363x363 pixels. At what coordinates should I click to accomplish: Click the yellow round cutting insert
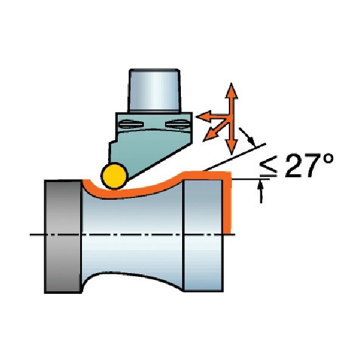[x=114, y=176]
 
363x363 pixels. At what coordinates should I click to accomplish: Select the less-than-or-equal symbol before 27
[x=268, y=166]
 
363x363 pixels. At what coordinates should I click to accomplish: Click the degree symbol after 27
[x=327, y=160]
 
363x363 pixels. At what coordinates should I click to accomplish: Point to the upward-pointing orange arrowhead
[x=231, y=90]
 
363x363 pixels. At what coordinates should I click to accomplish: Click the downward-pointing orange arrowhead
[x=231, y=147]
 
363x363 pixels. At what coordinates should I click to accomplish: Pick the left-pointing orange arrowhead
[x=203, y=116]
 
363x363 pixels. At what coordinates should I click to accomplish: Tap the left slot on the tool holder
[x=131, y=124]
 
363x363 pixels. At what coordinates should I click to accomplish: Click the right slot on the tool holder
[x=177, y=124]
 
